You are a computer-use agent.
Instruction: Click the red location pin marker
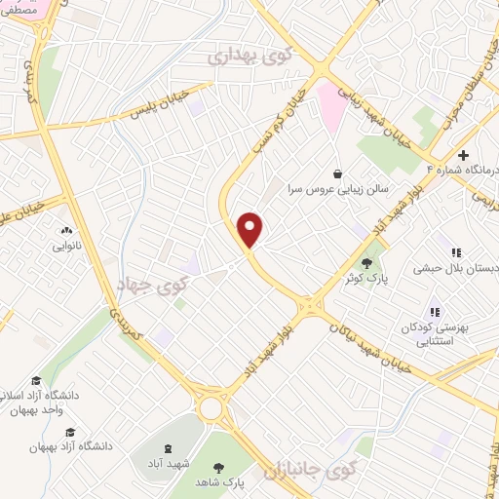250,229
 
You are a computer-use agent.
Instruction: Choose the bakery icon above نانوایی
66,231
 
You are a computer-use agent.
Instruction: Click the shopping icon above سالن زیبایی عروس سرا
337,173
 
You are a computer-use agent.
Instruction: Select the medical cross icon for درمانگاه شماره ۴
464,156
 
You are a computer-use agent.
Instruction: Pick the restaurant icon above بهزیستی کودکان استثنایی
435,312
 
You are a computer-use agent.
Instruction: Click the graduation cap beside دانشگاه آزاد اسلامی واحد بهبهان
36,381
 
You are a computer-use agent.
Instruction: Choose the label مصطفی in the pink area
27,7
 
